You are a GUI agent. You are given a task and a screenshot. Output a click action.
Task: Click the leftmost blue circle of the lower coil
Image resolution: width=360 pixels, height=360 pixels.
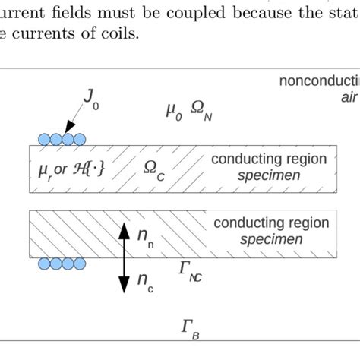[x=45, y=264]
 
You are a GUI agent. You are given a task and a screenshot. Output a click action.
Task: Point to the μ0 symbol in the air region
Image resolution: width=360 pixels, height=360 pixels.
[x=174, y=112]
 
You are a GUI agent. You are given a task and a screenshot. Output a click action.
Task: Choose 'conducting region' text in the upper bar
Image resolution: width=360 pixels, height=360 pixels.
[x=269, y=159]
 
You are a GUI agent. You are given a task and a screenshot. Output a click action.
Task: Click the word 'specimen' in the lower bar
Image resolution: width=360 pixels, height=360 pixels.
[x=271, y=240]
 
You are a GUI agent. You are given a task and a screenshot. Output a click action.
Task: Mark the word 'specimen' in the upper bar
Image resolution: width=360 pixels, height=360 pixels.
[x=268, y=176]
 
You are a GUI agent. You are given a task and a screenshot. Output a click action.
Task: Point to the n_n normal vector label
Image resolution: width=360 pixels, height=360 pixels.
[x=145, y=236]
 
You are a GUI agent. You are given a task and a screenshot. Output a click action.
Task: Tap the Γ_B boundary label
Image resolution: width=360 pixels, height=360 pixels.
[x=191, y=328]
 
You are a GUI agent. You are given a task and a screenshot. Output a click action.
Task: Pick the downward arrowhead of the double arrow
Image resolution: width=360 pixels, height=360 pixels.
[x=123, y=289]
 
